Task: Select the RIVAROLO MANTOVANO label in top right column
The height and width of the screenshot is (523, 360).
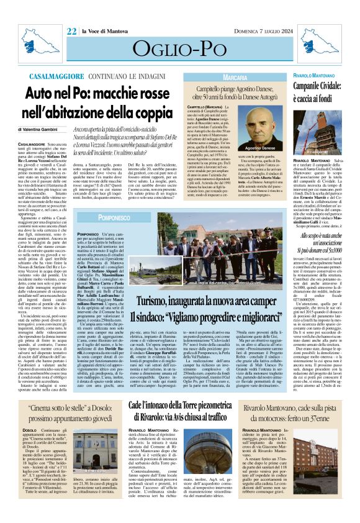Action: click(x=322, y=75)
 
